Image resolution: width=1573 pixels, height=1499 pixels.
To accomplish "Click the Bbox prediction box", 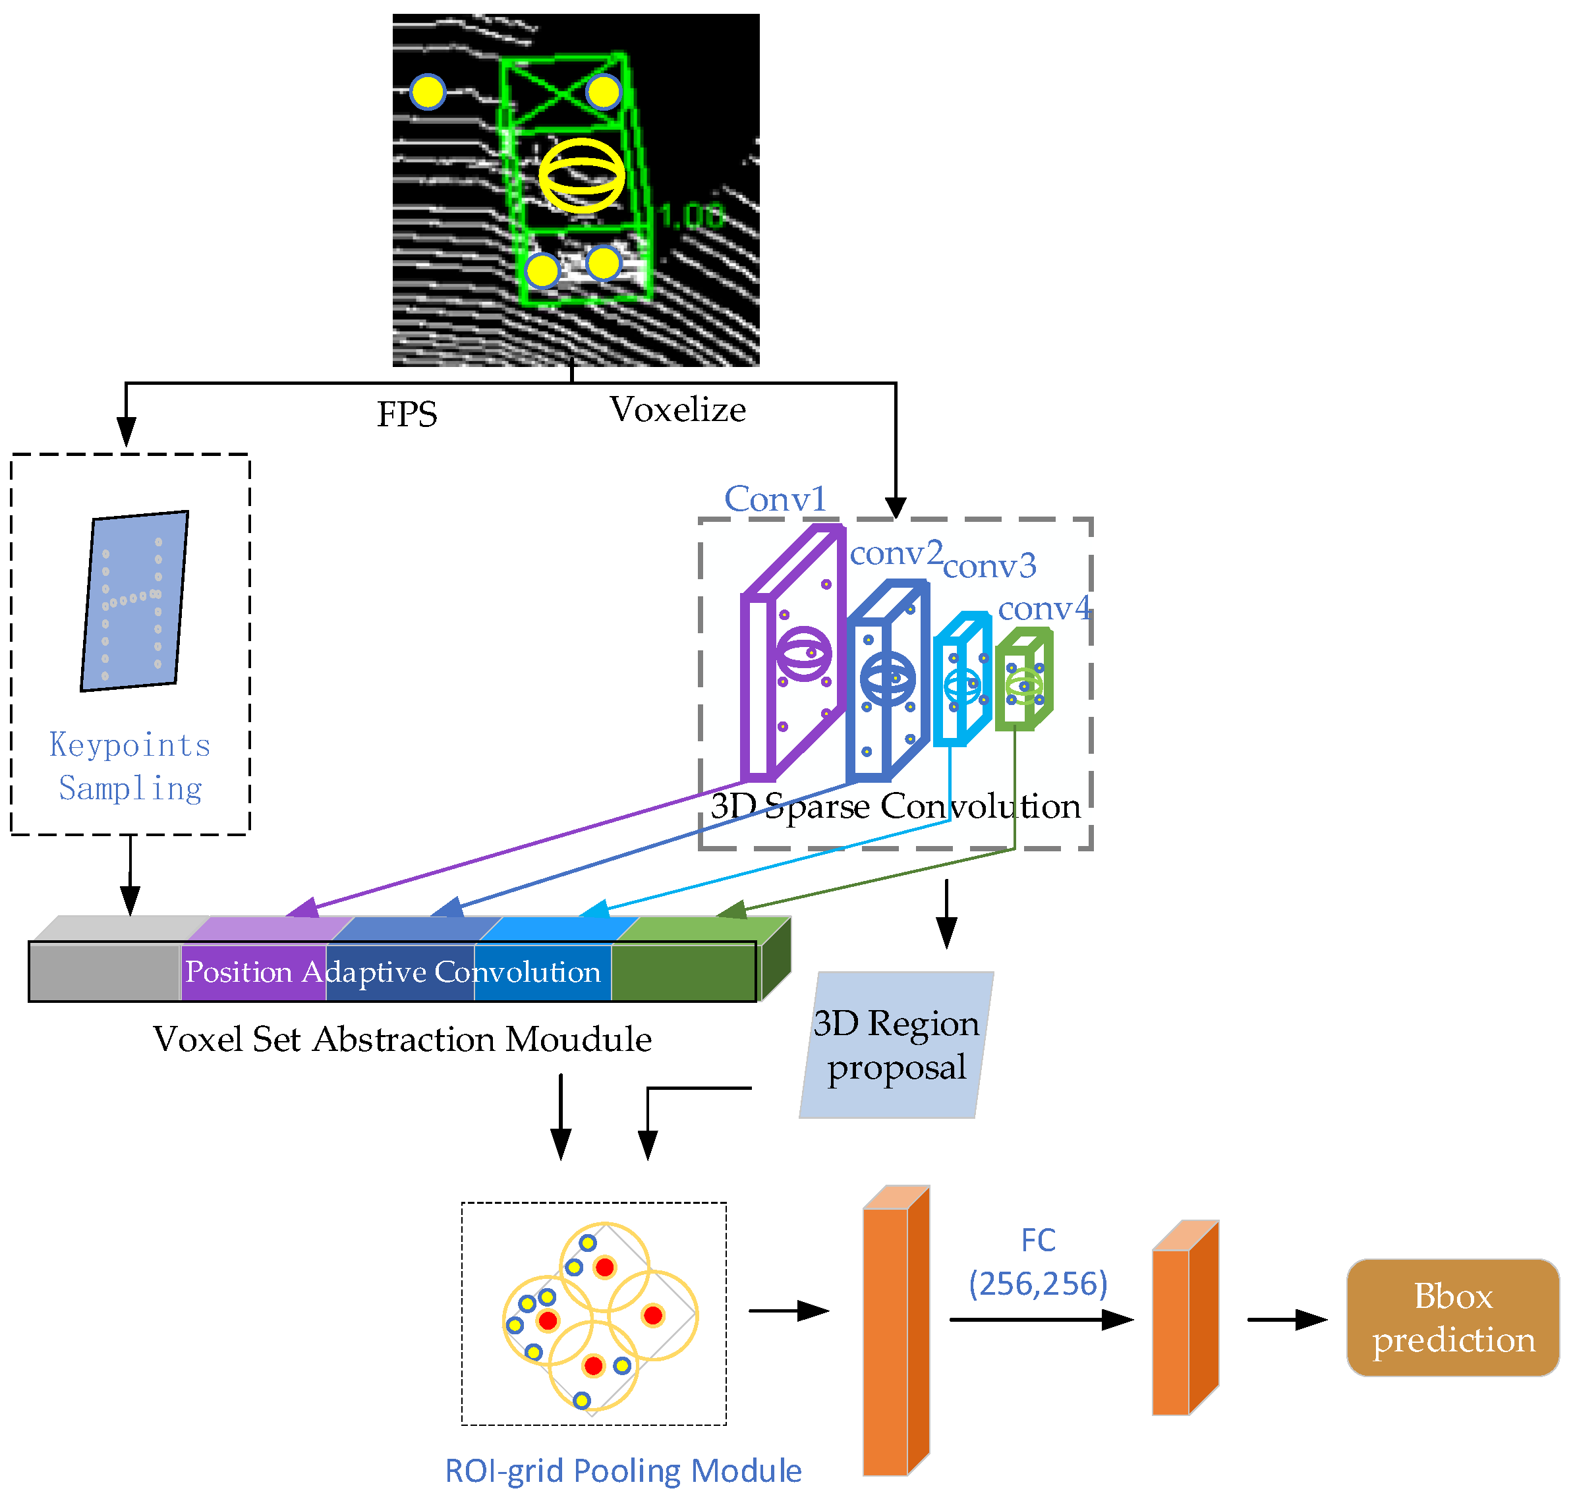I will pos(1452,1317).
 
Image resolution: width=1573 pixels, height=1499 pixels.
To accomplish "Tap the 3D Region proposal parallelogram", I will pos(896,1044).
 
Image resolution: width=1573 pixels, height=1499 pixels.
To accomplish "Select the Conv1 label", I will pos(774,499).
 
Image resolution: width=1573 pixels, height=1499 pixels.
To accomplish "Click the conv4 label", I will pos(1043,608).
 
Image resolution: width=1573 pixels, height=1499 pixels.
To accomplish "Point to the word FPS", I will pos(407,414).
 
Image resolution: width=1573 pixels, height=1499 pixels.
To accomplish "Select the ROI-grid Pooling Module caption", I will pos(623,1470).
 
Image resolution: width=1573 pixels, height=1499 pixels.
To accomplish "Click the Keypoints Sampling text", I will pos(130,766).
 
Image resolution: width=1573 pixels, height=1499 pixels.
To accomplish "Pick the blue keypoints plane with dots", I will pos(134,601).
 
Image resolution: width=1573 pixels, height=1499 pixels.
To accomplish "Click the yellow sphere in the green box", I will pos(581,175).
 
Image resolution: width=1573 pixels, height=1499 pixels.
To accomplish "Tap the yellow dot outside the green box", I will pos(428,92).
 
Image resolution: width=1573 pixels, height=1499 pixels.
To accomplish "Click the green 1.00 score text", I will pos(691,215).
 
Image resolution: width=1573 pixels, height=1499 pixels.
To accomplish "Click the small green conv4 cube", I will pos(1023,680).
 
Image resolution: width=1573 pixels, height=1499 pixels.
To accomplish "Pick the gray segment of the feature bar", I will pos(104,971).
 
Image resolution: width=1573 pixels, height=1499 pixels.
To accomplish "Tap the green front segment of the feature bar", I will pos(683,971).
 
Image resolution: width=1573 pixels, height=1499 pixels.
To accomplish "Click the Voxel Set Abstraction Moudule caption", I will pos(402,1038).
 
